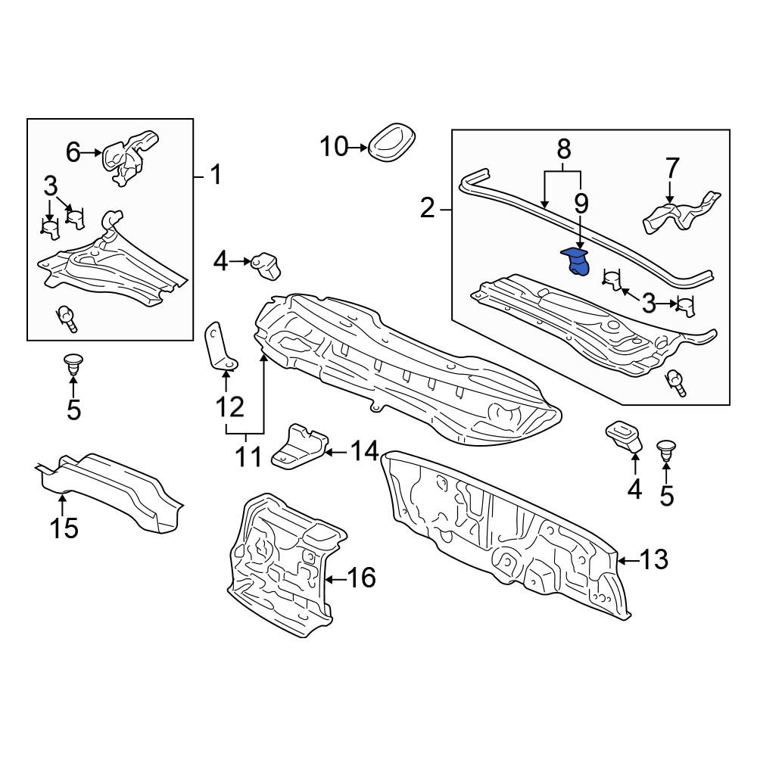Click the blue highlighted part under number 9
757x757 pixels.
coord(577,263)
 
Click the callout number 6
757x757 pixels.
coord(73,153)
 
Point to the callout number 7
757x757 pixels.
coord(672,169)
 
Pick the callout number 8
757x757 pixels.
coord(564,148)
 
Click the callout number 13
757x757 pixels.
coord(654,560)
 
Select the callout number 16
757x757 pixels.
coord(362,578)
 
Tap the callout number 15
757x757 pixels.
coord(64,528)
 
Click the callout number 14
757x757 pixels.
coord(365,452)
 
